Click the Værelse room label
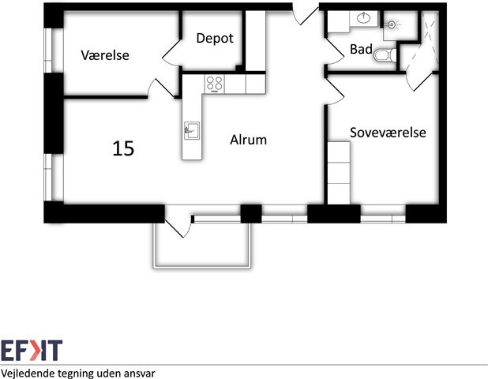(x=105, y=55)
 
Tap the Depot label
(x=215, y=38)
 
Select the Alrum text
(x=249, y=140)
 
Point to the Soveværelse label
(x=388, y=133)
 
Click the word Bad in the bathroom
(x=361, y=49)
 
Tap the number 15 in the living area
(x=123, y=148)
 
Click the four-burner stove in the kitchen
(x=215, y=84)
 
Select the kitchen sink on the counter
(x=192, y=131)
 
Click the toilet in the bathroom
(x=385, y=55)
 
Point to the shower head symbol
(x=392, y=24)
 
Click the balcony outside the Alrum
(x=202, y=246)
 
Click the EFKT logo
(x=32, y=351)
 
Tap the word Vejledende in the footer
(x=27, y=373)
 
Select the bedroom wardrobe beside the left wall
(x=339, y=173)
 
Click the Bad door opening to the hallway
(x=335, y=53)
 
